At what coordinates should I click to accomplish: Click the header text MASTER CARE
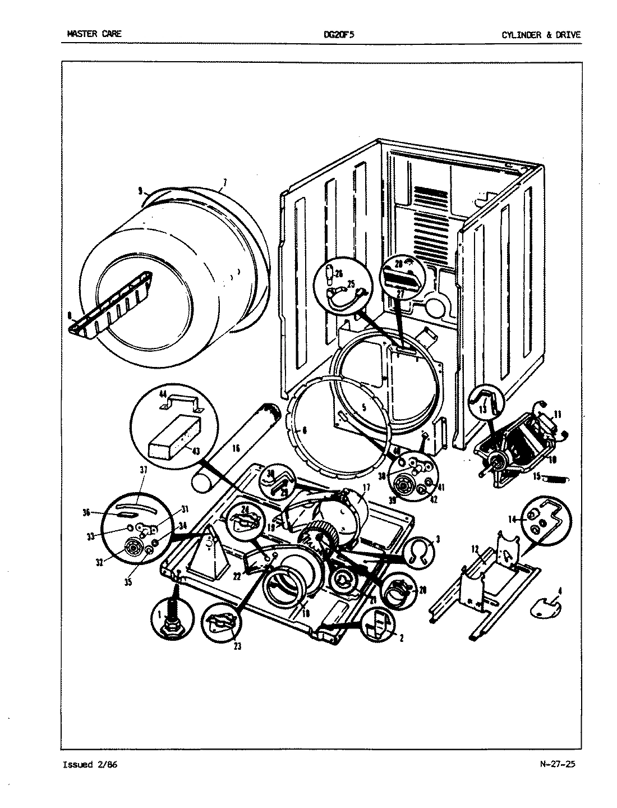click(x=94, y=34)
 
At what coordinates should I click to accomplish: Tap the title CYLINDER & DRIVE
click(x=541, y=34)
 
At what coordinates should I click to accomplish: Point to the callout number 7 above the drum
click(x=224, y=182)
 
